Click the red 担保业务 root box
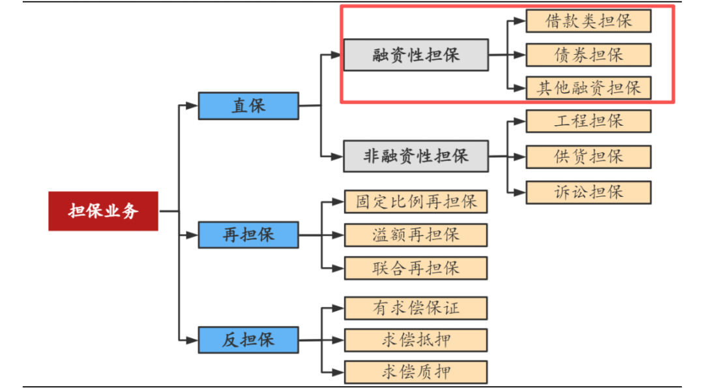tap(103, 211)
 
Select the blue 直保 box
tap(248, 106)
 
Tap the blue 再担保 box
tap(248, 235)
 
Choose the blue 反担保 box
tap(248, 340)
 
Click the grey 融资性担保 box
tap(416, 55)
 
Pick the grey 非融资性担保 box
tap(416, 157)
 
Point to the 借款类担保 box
tap(588, 21)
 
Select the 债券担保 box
tap(588, 55)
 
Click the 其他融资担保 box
tap(588, 88)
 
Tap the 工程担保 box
tap(588, 121)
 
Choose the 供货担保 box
tap(588, 157)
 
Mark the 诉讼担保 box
tap(588, 192)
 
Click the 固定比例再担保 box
tap(416, 201)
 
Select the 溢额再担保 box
tap(416, 235)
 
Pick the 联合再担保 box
tap(416, 268)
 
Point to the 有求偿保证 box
tap(416, 308)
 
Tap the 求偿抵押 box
tap(416, 340)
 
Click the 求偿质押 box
tap(416, 372)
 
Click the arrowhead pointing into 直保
tap(192, 106)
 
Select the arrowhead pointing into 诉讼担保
tap(520, 192)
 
